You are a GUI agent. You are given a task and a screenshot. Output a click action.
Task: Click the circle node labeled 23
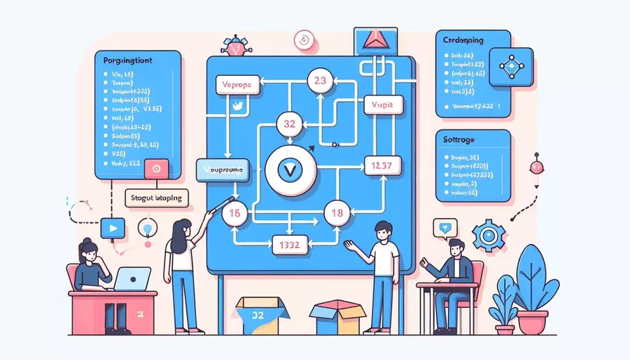pyautogui.click(x=320, y=81)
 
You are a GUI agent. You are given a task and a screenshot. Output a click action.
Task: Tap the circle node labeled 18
pyautogui.click(x=336, y=213)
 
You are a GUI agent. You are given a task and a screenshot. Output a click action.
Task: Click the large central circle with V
pyautogui.click(x=289, y=169)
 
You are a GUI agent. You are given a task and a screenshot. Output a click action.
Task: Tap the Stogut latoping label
pyautogui.click(x=156, y=198)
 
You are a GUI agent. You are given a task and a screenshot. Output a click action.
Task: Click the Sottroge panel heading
pyautogui.click(x=455, y=140)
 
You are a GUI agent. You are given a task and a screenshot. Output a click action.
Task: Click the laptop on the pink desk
pyautogui.click(x=132, y=278)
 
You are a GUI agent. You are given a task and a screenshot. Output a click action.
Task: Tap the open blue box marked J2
pyautogui.click(x=262, y=314)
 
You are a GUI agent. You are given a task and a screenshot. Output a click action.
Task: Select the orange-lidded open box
pyautogui.click(x=336, y=317)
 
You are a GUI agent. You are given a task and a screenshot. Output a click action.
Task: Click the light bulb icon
pyautogui.click(x=148, y=229)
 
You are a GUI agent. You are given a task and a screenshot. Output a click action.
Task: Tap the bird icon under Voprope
pyautogui.click(x=237, y=106)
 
